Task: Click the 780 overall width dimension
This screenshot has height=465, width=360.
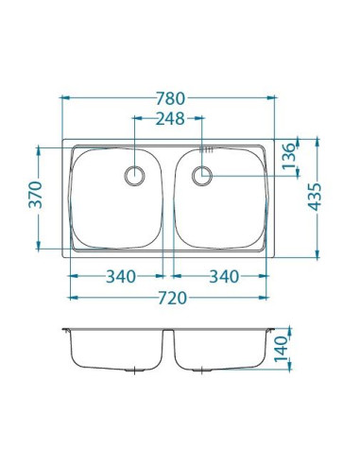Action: tap(171, 98)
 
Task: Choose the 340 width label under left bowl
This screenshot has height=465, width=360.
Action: tap(120, 276)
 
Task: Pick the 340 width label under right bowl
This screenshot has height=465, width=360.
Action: tap(222, 276)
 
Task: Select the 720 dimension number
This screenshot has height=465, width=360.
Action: tap(171, 298)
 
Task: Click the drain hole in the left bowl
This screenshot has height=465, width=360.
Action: tap(135, 174)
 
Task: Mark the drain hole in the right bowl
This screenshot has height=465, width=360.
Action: tap(203, 174)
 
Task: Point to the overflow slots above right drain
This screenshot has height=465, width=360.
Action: tap(207, 151)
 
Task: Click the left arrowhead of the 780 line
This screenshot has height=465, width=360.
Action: tap(64, 98)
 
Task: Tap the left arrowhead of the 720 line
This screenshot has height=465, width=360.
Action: tap(72, 298)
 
